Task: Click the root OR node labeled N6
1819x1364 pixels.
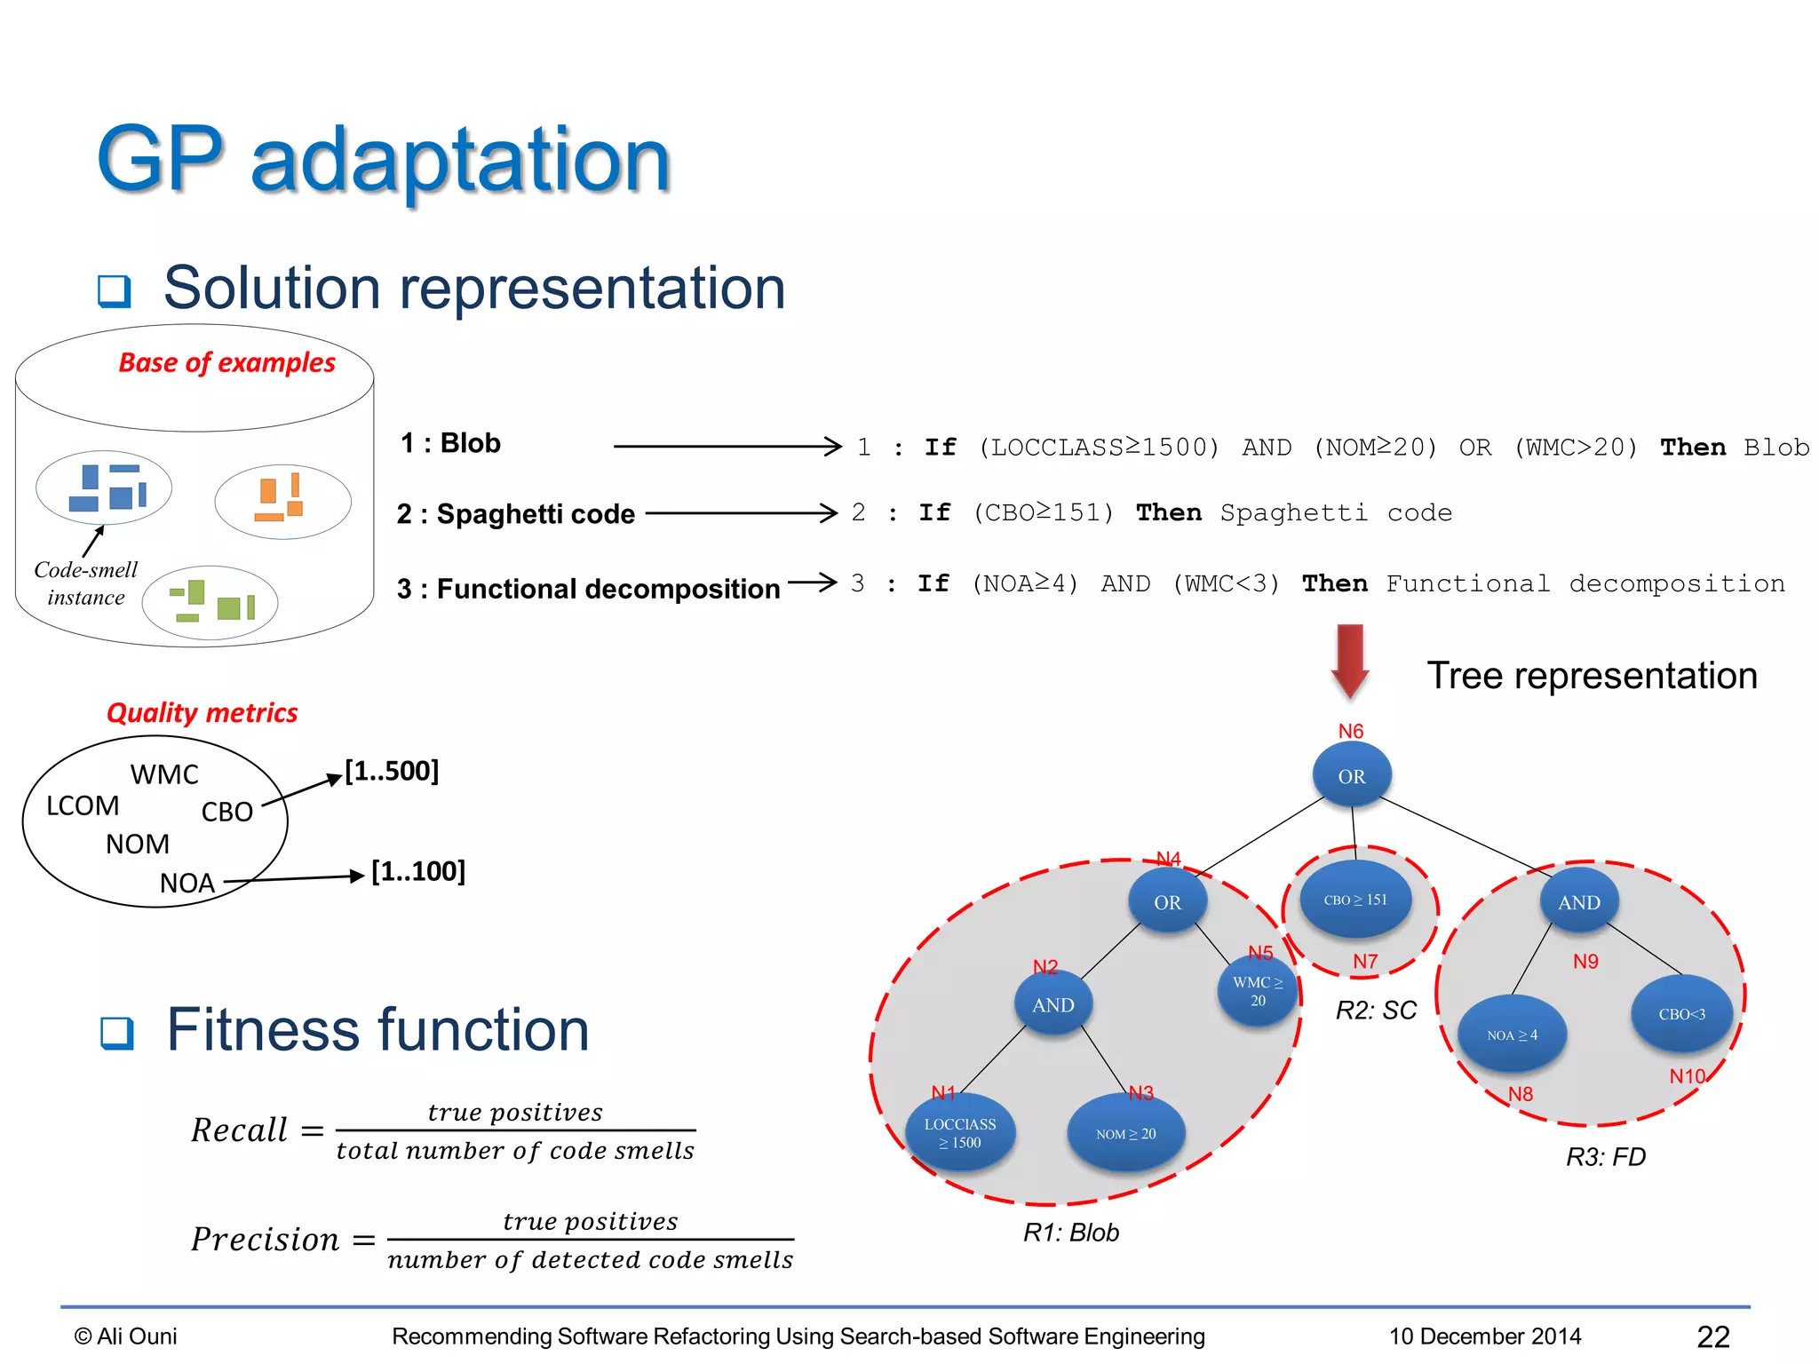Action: [1351, 775]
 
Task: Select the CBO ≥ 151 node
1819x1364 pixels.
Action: [1354, 900]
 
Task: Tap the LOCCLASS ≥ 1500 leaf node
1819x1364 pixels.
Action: [959, 1133]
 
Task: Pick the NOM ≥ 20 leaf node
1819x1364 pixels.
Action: [1125, 1134]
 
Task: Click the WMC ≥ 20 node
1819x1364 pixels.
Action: [1257, 991]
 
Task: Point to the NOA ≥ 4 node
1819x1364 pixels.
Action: [1512, 1035]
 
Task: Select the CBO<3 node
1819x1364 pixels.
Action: [1681, 1014]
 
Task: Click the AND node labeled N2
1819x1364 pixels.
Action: [1052, 1004]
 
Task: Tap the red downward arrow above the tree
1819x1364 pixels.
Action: [1350, 662]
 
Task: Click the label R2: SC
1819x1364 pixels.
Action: [1376, 1011]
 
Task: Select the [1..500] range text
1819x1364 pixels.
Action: [392, 771]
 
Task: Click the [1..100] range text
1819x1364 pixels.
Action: [417, 871]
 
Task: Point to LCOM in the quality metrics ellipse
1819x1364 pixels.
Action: [83, 805]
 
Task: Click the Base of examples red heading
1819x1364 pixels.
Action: [226, 362]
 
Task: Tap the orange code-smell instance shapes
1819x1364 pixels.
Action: [282, 500]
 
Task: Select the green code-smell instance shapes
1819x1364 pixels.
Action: [211, 601]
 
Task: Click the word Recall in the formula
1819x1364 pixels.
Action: [239, 1130]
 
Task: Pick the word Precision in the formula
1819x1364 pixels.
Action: [265, 1240]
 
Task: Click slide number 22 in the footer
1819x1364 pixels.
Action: [1712, 1336]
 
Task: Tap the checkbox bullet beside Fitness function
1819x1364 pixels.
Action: [117, 1033]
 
